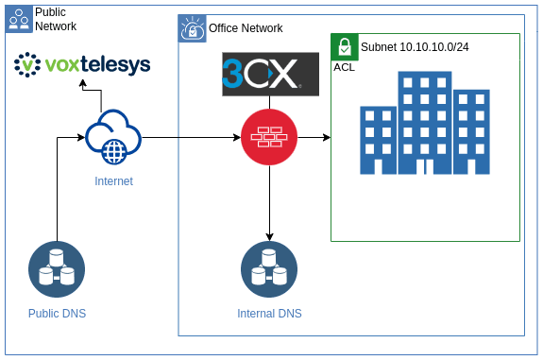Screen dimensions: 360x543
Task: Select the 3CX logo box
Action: click(x=270, y=75)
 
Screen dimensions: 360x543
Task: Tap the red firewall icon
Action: click(x=270, y=138)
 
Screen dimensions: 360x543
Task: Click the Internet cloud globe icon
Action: click(x=113, y=137)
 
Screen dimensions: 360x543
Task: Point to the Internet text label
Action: click(x=113, y=180)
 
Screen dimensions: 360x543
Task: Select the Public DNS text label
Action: click(x=57, y=313)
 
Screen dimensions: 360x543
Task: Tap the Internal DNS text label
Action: click(x=270, y=313)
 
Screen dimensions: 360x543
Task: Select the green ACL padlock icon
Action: click(x=345, y=47)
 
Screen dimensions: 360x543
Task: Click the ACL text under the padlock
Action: click(x=345, y=68)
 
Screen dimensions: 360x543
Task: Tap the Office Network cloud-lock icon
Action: click(x=192, y=29)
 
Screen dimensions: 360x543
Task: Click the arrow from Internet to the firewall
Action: click(x=189, y=138)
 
